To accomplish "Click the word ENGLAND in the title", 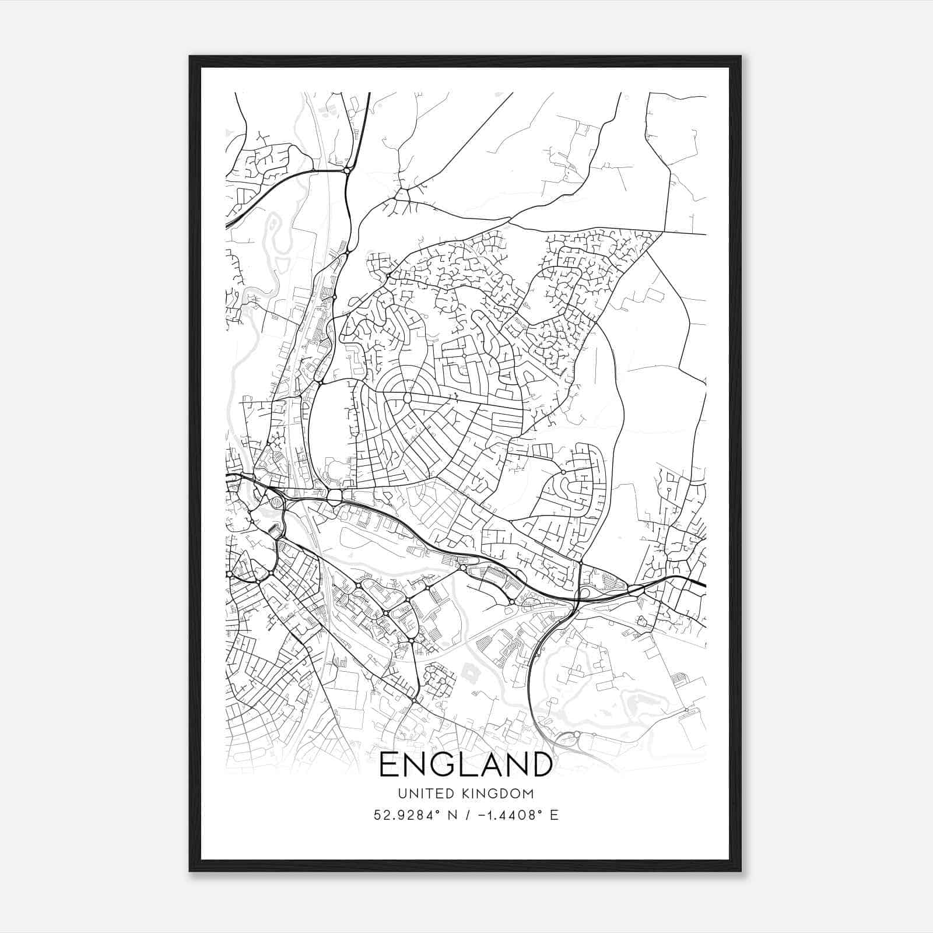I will tap(466, 765).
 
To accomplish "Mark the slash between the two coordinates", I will tap(462, 815).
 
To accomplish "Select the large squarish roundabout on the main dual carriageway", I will tap(335, 497).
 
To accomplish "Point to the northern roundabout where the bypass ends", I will tap(347, 171).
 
